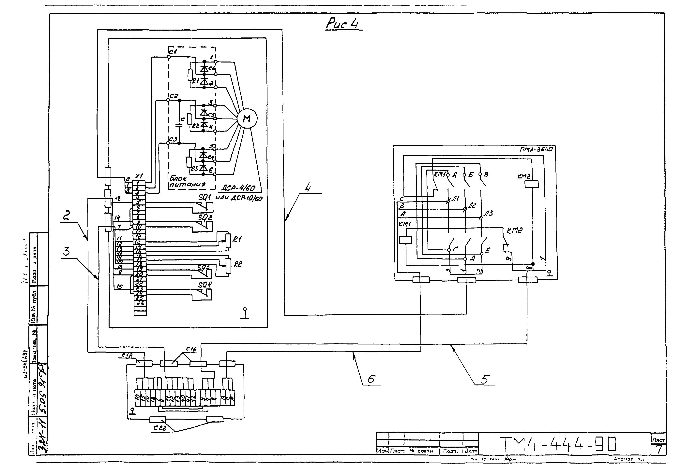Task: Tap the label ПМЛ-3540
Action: [x=536, y=149]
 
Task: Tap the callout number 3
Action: [x=67, y=251]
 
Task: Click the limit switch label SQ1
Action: [x=204, y=197]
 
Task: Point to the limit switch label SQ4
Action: [x=205, y=285]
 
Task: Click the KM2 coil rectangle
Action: [x=532, y=184]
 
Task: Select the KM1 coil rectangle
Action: [x=405, y=240]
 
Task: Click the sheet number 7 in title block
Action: [x=658, y=450]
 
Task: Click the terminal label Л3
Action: [x=488, y=213]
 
